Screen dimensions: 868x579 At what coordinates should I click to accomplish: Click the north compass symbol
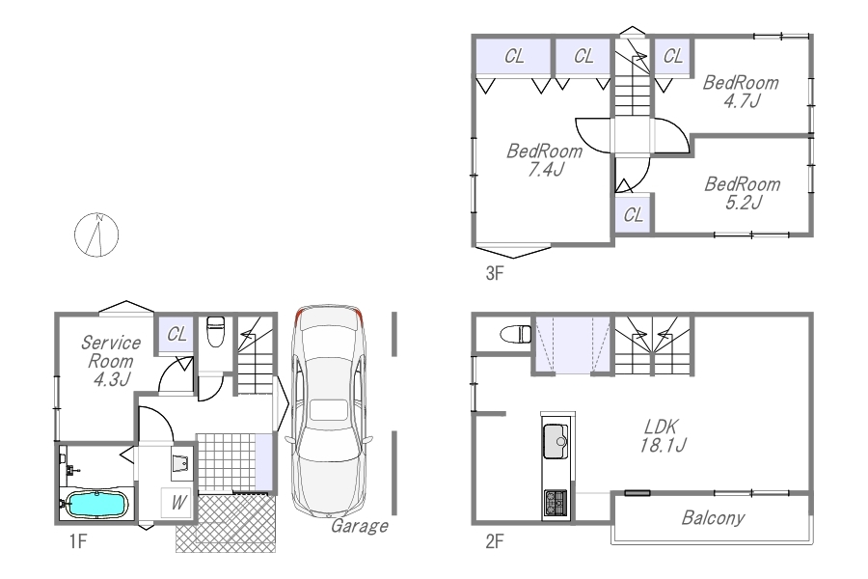[x=96, y=234]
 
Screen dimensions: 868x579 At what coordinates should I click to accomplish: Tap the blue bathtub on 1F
[x=96, y=504]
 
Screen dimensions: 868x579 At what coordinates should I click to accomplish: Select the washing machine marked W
[x=176, y=503]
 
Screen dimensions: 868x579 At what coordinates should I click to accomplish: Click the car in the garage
[x=329, y=410]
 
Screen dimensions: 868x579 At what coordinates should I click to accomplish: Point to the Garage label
[x=360, y=526]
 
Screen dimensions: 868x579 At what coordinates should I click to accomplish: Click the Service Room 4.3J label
[x=111, y=361]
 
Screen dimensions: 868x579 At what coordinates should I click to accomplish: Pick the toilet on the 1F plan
[x=215, y=331]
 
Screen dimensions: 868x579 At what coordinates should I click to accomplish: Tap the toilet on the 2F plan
[x=516, y=334]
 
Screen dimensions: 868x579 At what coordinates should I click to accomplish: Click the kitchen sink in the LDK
[x=556, y=441]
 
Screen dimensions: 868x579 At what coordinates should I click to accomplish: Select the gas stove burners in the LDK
[x=556, y=503]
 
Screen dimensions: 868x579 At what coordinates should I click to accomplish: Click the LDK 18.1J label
[x=663, y=435]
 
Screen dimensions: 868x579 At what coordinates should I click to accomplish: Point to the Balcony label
[x=713, y=517]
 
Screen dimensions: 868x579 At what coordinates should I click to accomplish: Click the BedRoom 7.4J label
[x=545, y=159]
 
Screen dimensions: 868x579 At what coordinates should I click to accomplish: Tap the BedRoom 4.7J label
[x=742, y=92]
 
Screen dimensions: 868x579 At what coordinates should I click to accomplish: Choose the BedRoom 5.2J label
[x=743, y=193]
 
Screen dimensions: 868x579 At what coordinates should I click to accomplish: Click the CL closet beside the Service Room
[x=176, y=334]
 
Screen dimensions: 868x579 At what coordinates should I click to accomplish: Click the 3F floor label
[x=495, y=273]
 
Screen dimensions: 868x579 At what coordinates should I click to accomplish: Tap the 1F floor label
[x=78, y=540]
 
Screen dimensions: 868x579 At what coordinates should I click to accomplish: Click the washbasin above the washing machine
[x=181, y=462]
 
